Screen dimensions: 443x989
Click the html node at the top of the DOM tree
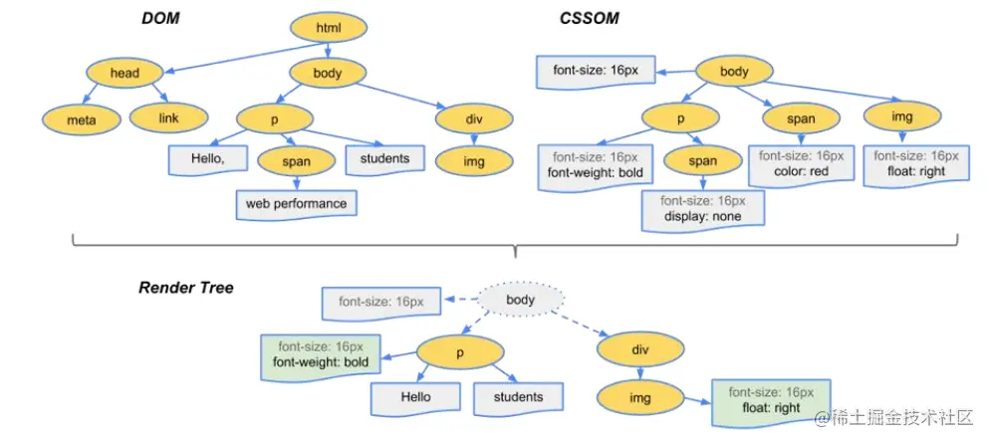pyautogui.click(x=328, y=28)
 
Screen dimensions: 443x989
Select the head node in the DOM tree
pyautogui.click(x=124, y=73)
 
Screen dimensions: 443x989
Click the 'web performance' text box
pyautogui.click(x=296, y=204)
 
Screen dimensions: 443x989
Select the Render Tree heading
pyautogui.click(x=185, y=288)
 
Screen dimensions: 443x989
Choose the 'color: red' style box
pyautogui.click(x=802, y=163)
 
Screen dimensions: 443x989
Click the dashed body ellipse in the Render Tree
pyautogui.click(x=520, y=300)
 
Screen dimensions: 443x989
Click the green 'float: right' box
pyautogui.click(x=771, y=401)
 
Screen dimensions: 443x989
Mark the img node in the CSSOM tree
pyautogui.click(x=901, y=118)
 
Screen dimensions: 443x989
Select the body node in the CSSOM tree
pyautogui.click(x=734, y=72)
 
